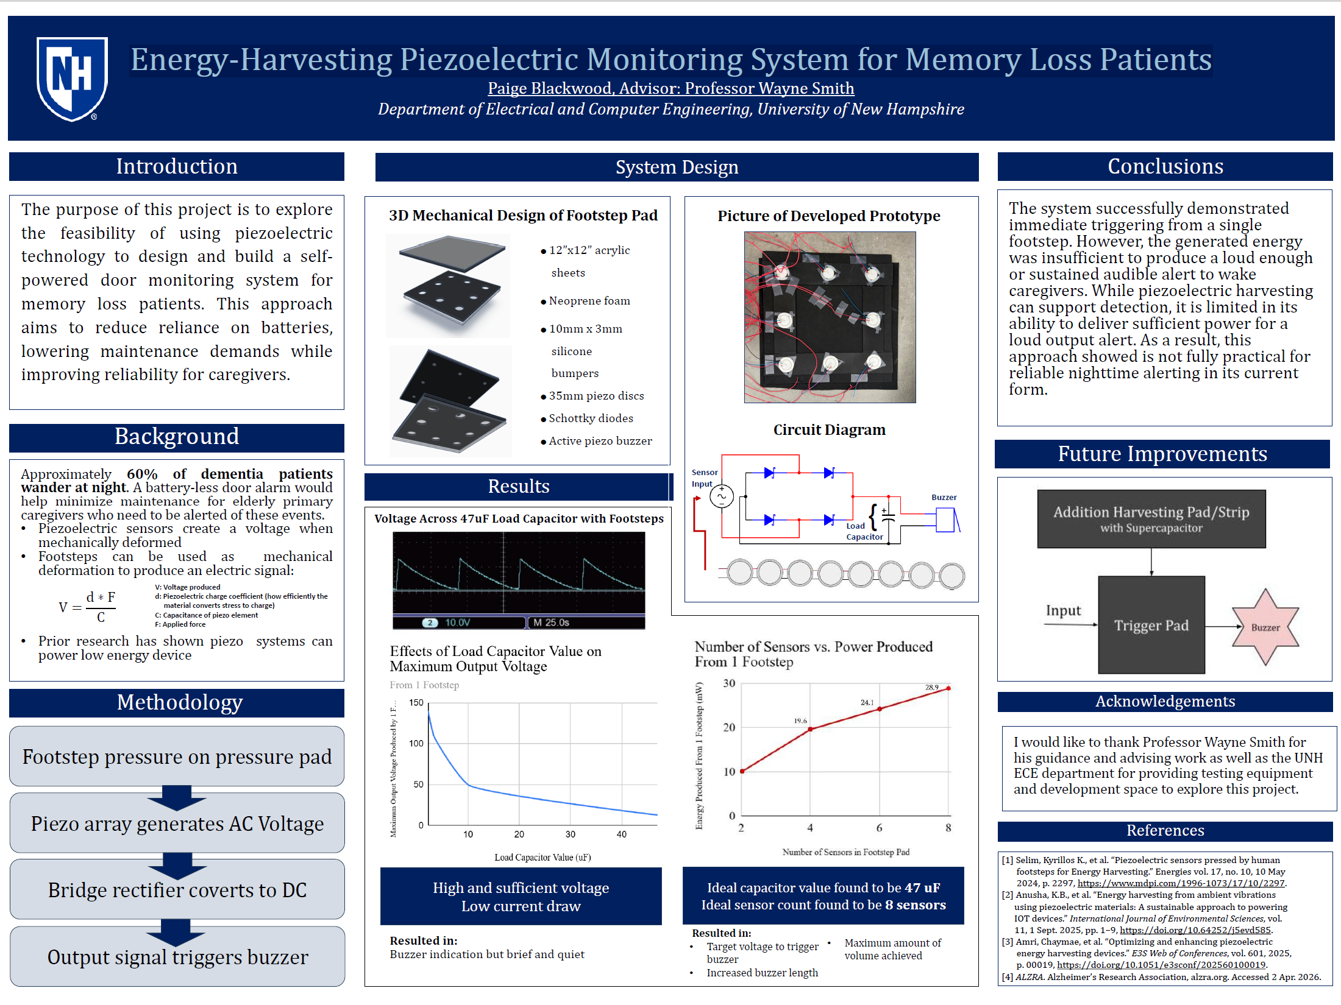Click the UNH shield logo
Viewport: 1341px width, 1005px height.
click(x=72, y=79)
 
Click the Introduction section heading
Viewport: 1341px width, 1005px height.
click(x=177, y=166)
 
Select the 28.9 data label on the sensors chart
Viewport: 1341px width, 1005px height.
click(x=932, y=687)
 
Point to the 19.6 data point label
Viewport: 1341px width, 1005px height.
click(x=800, y=721)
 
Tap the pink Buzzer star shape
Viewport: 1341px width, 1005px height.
click(x=1265, y=627)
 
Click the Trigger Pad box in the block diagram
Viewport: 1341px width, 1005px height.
click(x=1151, y=625)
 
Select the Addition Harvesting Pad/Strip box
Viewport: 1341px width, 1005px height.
click(x=1151, y=519)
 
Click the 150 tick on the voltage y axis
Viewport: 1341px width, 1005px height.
click(x=416, y=702)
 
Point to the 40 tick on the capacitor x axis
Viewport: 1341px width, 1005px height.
click(x=621, y=834)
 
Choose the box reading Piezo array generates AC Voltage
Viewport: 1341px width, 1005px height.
click(x=177, y=823)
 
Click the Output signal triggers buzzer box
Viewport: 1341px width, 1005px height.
click(x=177, y=956)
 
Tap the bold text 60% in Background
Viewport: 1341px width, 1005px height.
click(x=142, y=474)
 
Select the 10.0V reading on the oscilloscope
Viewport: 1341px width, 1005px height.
click(x=457, y=622)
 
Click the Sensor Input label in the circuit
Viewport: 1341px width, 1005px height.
click(x=704, y=478)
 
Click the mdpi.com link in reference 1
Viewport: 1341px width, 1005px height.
click(x=1181, y=883)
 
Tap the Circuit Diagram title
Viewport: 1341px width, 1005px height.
click(x=829, y=430)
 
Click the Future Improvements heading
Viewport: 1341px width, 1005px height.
click(x=1162, y=454)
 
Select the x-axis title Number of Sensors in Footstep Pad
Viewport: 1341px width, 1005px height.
click(x=846, y=852)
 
